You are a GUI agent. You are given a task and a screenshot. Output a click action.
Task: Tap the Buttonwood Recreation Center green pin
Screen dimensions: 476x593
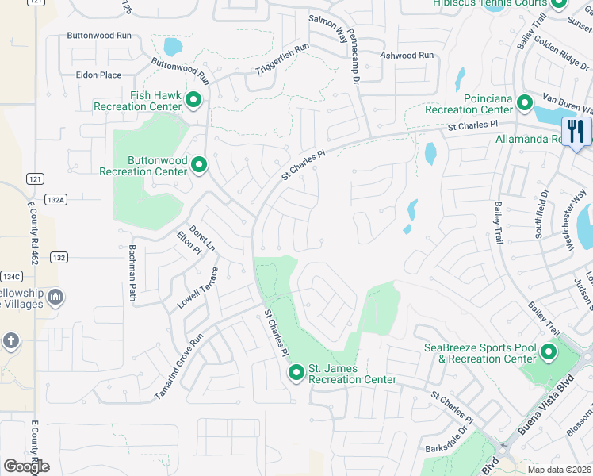point(199,165)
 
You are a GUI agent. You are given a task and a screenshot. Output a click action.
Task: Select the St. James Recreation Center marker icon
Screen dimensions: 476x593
point(296,372)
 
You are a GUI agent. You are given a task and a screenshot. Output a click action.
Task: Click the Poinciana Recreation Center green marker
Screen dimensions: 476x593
point(524,103)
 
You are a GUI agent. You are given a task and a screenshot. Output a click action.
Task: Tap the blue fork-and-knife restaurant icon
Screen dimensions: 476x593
point(575,131)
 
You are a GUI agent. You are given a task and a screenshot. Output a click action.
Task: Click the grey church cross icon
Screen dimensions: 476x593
point(10,341)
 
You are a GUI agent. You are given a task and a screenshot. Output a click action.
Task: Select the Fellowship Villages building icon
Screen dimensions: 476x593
point(55,297)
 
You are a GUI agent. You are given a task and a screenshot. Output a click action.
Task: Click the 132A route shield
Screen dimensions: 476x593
point(55,200)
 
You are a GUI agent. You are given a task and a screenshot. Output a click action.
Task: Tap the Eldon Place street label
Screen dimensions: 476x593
point(98,75)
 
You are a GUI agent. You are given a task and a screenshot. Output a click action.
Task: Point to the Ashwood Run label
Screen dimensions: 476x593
point(407,56)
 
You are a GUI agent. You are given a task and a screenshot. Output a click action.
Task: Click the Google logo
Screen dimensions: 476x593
point(26,466)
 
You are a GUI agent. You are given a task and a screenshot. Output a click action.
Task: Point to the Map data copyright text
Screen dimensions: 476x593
point(560,470)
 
